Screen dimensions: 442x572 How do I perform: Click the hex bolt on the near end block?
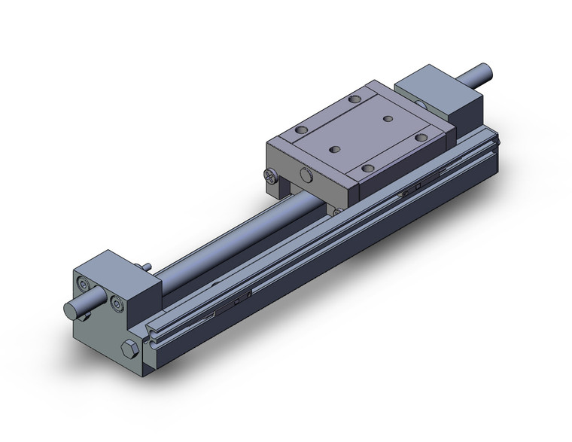pyautogui.click(x=128, y=349)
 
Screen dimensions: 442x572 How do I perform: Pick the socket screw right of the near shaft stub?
pyautogui.click(x=116, y=303)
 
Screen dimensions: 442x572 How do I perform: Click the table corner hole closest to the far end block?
pyautogui.click(x=354, y=99)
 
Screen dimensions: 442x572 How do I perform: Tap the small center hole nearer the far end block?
pyautogui.click(x=388, y=118)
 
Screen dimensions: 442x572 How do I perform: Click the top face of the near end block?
pyautogui.click(x=113, y=267)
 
